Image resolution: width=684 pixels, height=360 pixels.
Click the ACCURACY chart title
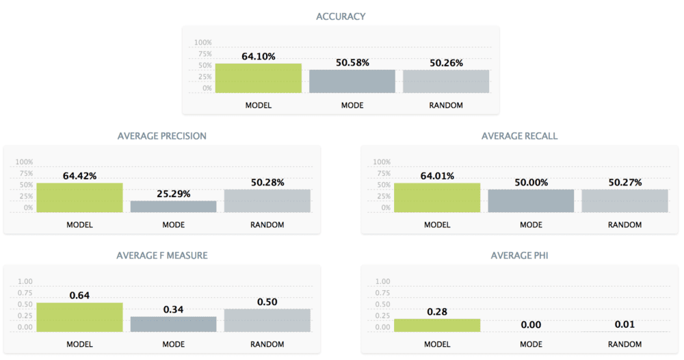click(x=341, y=16)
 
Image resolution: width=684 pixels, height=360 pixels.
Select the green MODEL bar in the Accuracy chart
click(x=259, y=78)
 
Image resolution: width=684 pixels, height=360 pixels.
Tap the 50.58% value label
click(x=352, y=62)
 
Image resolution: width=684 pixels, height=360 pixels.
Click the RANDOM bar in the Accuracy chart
click(x=446, y=81)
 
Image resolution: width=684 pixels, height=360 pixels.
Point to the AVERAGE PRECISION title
click(x=162, y=136)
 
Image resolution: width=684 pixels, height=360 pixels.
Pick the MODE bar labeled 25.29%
click(x=174, y=206)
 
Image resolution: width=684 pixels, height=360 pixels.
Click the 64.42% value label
click(x=79, y=176)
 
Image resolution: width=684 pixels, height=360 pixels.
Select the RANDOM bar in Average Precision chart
click(x=267, y=201)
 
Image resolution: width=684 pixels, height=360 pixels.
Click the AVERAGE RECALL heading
click(x=519, y=136)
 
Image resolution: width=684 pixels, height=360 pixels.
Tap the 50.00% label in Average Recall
click(x=531, y=183)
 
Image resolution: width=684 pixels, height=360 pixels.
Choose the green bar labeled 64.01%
click(x=437, y=197)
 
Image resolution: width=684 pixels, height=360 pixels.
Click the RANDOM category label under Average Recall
click(x=624, y=224)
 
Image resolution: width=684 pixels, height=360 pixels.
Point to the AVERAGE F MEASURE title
click(x=162, y=255)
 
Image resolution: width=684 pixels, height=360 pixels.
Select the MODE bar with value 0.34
click(x=174, y=324)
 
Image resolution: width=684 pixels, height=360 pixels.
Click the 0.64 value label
click(x=79, y=296)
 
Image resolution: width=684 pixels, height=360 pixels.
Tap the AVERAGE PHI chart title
click(x=519, y=255)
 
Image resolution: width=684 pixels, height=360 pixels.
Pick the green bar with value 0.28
click(x=437, y=325)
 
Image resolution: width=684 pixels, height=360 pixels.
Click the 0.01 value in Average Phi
click(x=624, y=325)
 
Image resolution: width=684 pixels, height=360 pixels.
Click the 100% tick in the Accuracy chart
click(x=203, y=42)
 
